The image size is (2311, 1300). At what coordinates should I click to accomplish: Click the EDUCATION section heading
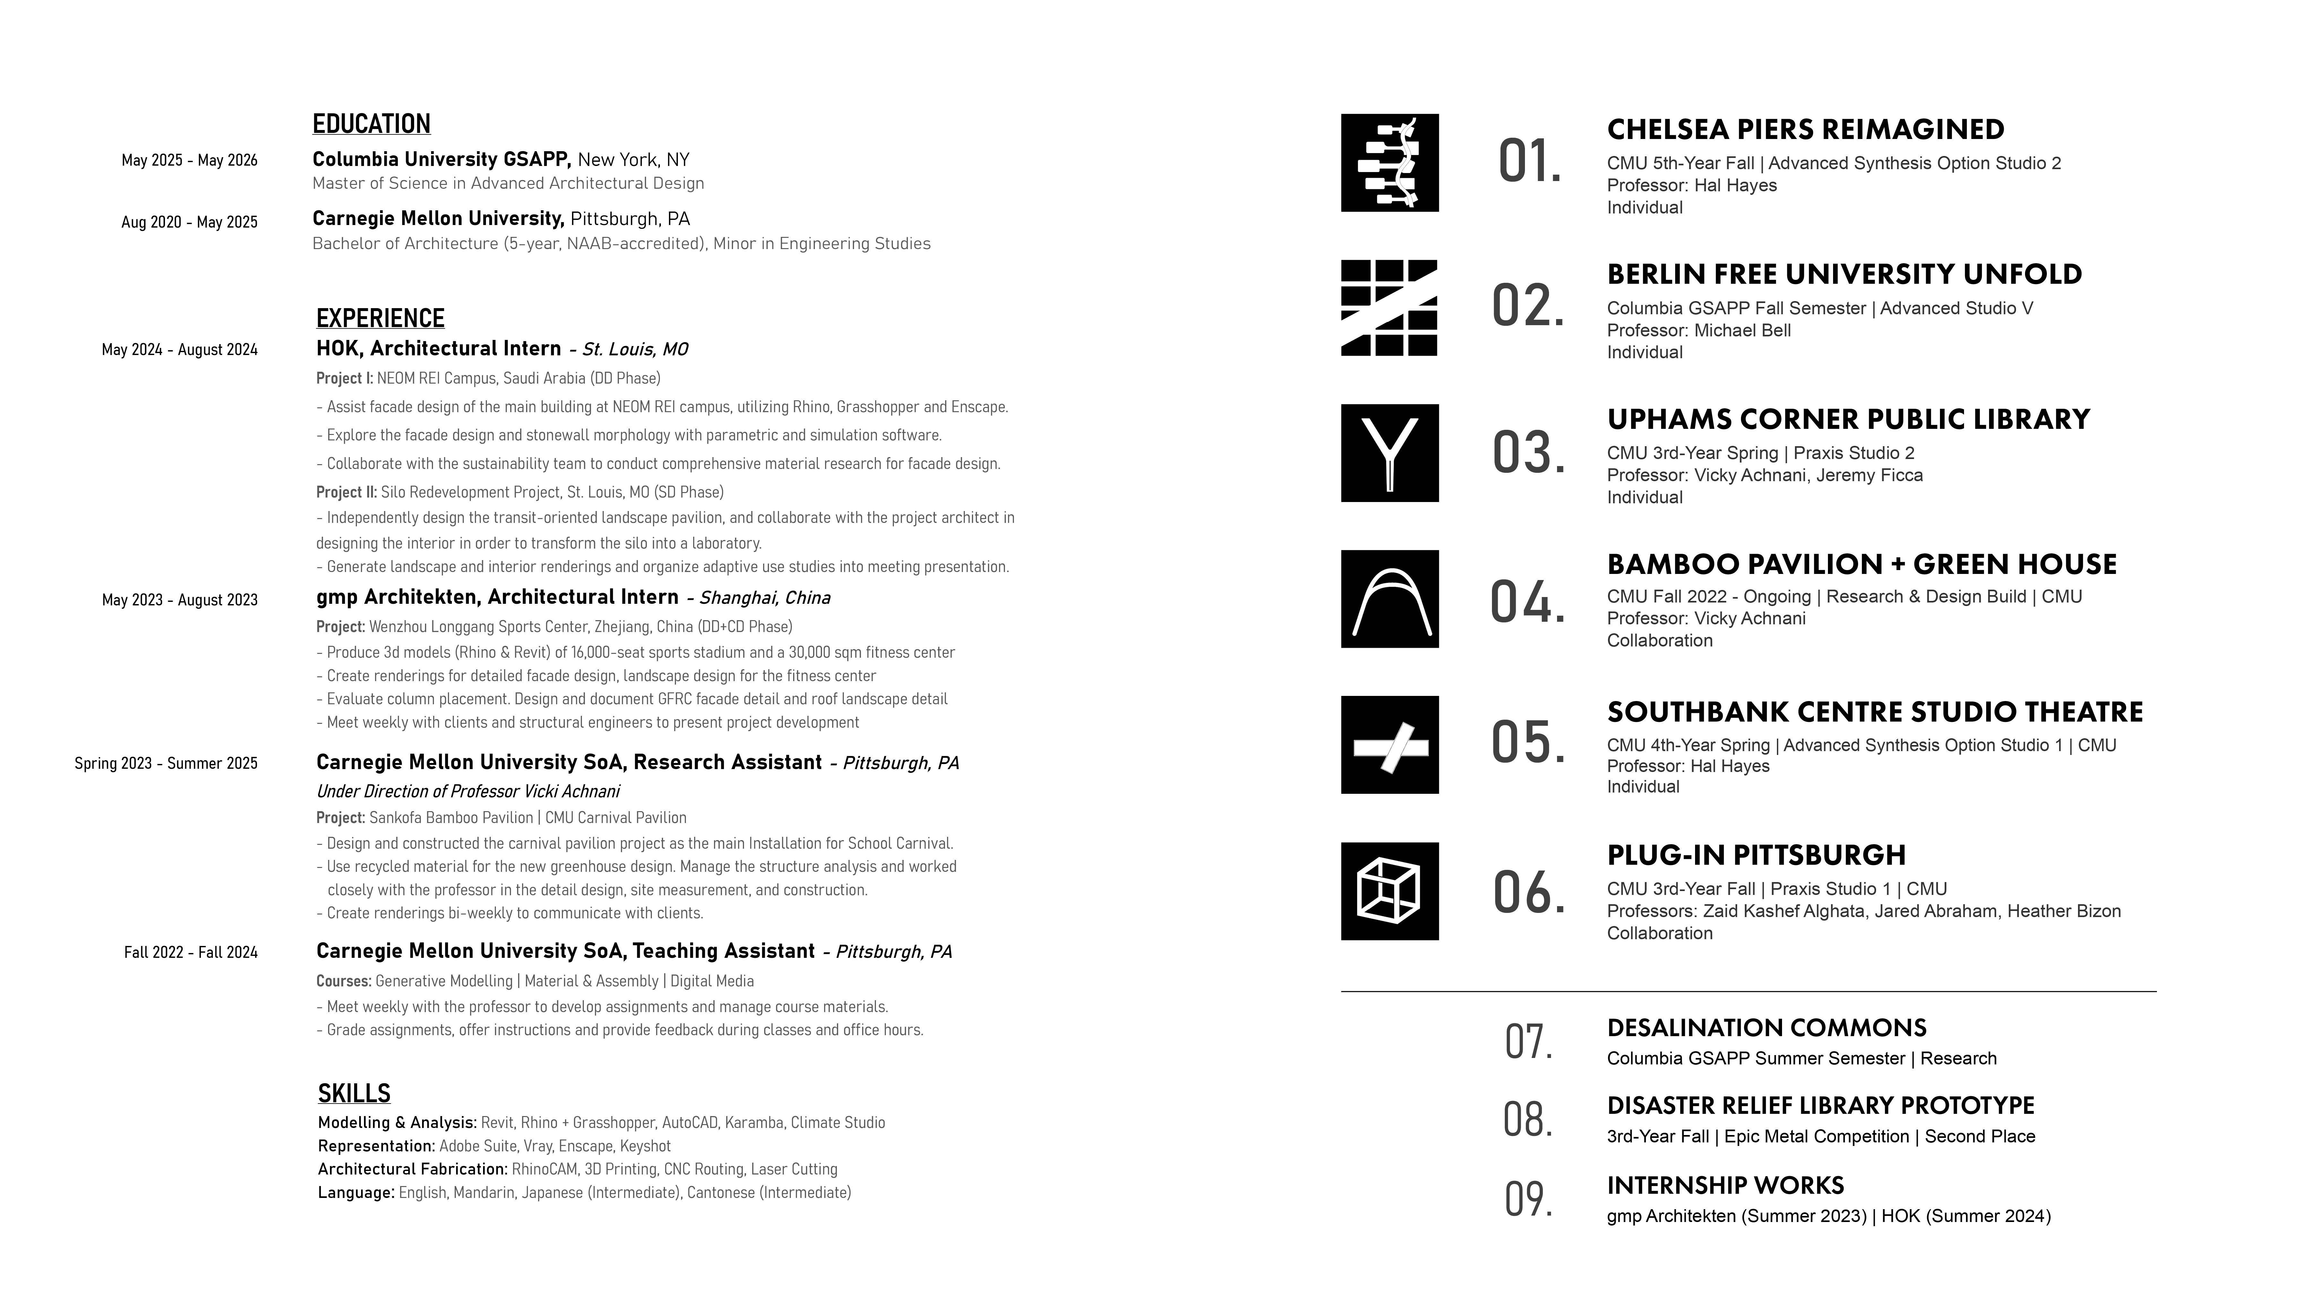click(x=371, y=124)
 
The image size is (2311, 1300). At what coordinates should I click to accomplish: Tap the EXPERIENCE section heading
click(x=380, y=318)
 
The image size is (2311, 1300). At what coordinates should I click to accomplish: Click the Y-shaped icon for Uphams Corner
click(x=1390, y=453)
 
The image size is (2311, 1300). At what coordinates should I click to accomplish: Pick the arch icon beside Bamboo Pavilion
click(x=1390, y=599)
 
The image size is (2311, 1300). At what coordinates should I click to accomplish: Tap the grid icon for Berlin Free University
click(x=1390, y=308)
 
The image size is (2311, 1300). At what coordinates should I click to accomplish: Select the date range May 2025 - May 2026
click(x=189, y=160)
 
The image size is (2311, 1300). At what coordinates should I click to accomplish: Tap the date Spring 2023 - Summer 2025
click(x=166, y=764)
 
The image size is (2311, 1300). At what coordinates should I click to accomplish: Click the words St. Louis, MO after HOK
click(x=635, y=349)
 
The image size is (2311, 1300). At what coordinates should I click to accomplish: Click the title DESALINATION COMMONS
click(x=1766, y=1028)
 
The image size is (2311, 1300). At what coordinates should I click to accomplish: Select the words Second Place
click(x=1980, y=1137)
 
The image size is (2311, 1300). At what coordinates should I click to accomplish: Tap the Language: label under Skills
click(x=356, y=1192)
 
